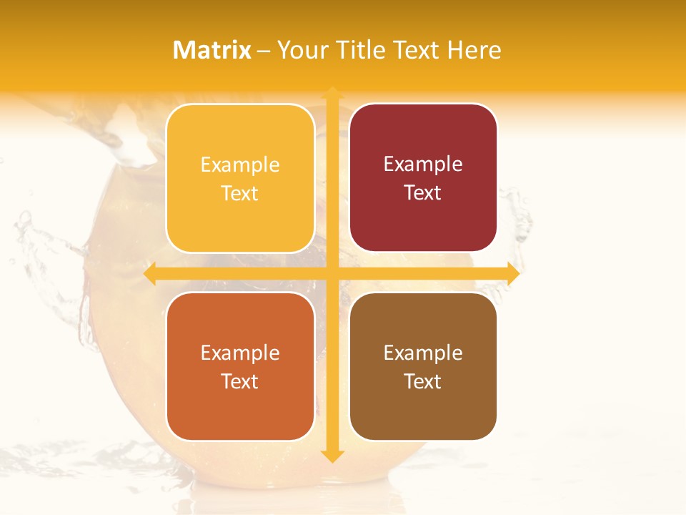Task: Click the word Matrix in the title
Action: click(212, 50)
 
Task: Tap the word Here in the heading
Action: click(474, 50)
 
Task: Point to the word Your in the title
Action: click(303, 50)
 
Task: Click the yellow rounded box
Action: click(240, 178)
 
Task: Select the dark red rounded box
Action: click(423, 177)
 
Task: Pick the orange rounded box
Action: click(240, 366)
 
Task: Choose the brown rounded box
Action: click(423, 366)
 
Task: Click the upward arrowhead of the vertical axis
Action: click(332, 92)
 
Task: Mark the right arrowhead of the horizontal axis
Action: click(512, 274)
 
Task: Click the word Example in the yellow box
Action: click(240, 165)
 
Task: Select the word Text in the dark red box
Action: click(423, 193)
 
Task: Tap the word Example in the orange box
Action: click(240, 353)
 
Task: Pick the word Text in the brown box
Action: click(423, 382)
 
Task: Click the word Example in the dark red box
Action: click(423, 165)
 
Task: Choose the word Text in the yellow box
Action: click(240, 194)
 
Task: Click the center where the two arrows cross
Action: click(332, 274)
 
